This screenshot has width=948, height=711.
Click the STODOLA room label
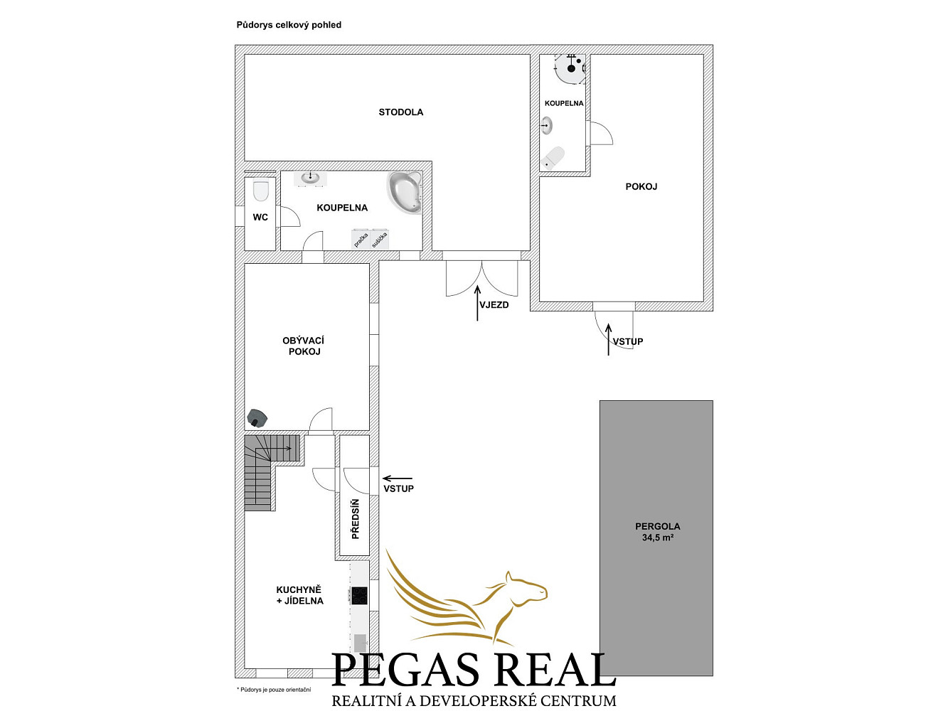[x=401, y=112]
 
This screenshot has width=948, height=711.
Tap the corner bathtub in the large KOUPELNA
[x=404, y=192]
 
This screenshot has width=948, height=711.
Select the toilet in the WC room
[x=260, y=191]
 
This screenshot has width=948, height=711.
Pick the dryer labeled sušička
[x=380, y=239]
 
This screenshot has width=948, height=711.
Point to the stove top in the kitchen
[x=359, y=596]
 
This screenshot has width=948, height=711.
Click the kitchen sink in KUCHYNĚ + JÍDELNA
[x=360, y=642]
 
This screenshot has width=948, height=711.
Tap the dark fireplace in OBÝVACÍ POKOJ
[x=257, y=417]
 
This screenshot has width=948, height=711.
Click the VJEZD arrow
[x=477, y=303]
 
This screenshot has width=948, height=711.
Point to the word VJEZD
[x=494, y=305]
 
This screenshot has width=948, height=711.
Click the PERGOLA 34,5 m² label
[x=657, y=532]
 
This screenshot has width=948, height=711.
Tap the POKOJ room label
[x=641, y=186]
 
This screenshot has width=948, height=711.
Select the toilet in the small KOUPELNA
[x=553, y=157]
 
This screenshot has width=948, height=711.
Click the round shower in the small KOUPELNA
[x=570, y=68]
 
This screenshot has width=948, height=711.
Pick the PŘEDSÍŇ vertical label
[x=356, y=519]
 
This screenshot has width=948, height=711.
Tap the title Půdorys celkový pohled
[x=289, y=25]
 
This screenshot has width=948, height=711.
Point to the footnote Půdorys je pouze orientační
[x=274, y=690]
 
